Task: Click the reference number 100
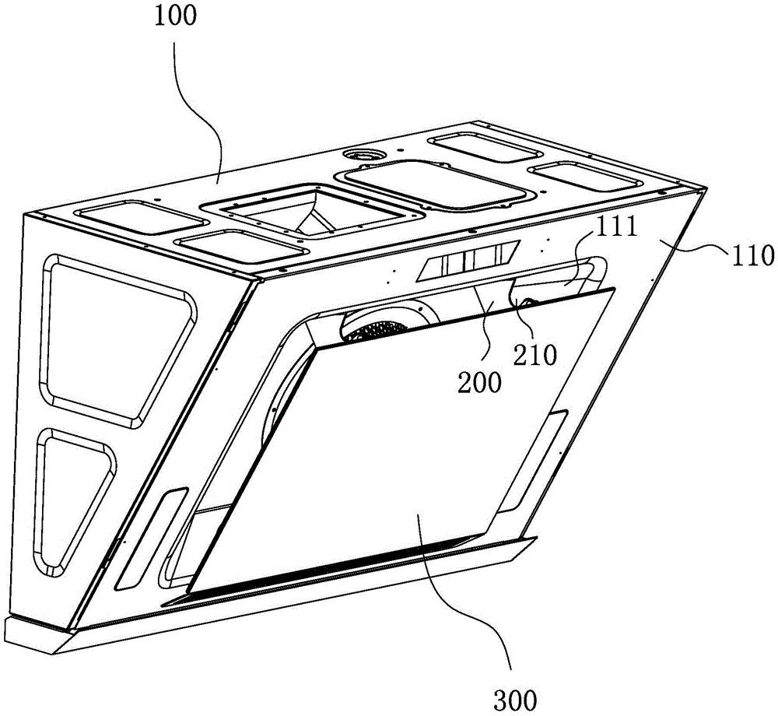point(175,16)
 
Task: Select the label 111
point(615,227)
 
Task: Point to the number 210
point(535,354)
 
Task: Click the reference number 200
point(479,383)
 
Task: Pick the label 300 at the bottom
point(515,700)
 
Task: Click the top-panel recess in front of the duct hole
point(243,244)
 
